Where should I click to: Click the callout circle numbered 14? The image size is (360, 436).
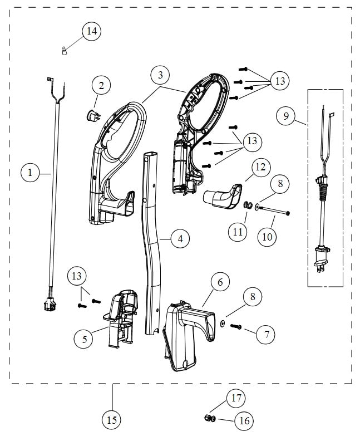(91, 31)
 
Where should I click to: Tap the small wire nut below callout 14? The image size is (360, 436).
(65, 51)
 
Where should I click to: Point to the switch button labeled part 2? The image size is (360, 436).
(91, 115)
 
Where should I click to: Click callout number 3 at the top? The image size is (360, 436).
(160, 75)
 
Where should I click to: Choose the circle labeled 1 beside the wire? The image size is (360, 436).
(31, 173)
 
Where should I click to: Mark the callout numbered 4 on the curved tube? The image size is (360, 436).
(179, 239)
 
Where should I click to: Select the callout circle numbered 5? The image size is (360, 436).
(84, 339)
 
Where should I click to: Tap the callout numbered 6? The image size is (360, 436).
(220, 282)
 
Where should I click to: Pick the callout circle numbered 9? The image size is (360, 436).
(285, 116)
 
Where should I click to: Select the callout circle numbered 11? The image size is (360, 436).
(238, 232)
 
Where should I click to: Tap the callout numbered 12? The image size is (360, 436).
(260, 166)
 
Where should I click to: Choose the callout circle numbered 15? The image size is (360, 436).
(112, 419)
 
